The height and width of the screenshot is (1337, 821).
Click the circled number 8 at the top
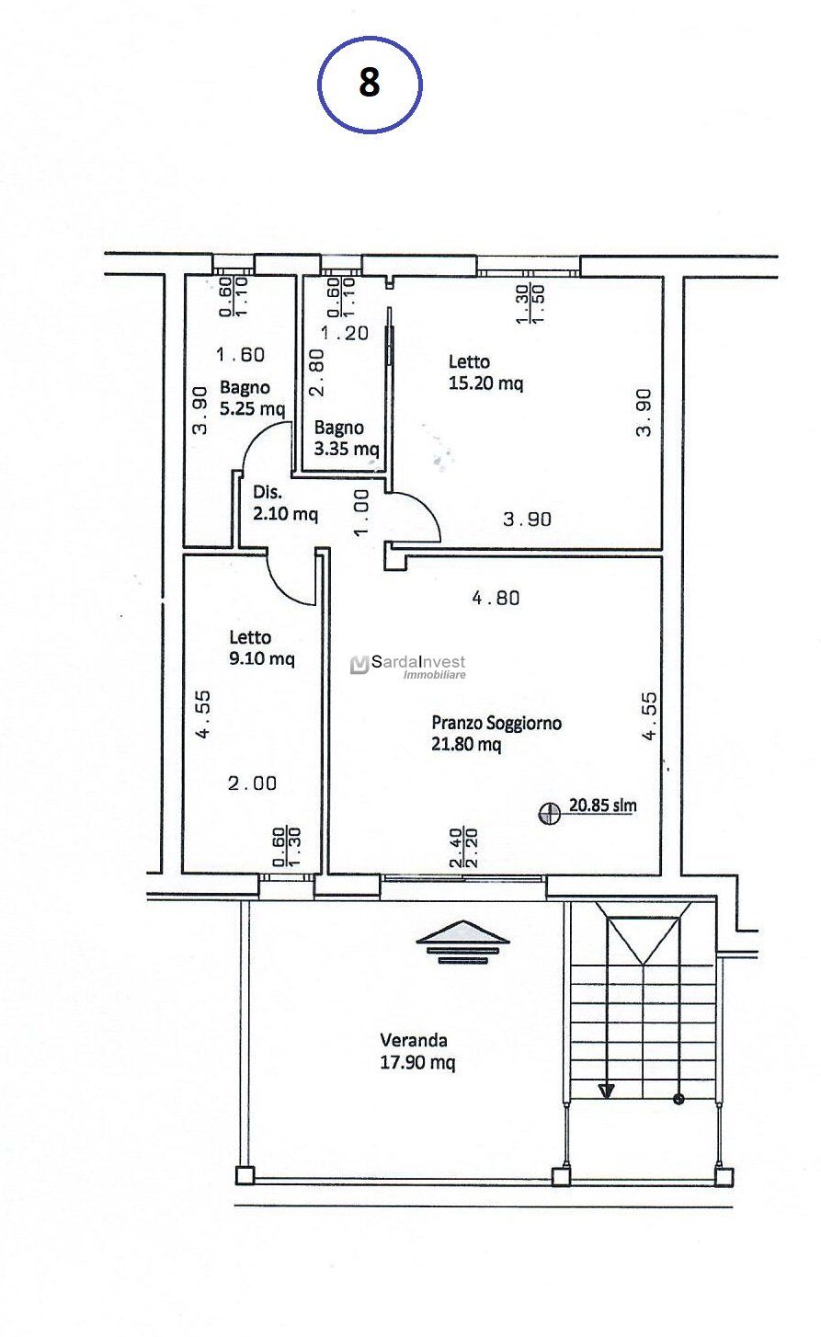370,85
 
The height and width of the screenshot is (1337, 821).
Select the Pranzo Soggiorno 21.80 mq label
496,733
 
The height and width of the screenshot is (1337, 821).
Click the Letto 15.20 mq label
485,371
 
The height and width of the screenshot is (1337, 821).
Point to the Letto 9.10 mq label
262,647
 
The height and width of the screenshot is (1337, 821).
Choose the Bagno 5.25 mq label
253,397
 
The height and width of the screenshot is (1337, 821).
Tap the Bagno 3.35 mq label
347,438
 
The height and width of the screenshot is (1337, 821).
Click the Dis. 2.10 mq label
285,503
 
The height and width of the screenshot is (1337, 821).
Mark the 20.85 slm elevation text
602,806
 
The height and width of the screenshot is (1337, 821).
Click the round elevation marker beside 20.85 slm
550,813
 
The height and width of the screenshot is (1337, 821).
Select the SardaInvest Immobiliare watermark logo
408,667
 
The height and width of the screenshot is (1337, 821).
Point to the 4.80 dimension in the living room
496,598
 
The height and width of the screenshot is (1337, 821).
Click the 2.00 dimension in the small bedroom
253,783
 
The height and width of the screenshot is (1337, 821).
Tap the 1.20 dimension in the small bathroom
345,333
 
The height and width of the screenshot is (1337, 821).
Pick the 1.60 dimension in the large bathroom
241,355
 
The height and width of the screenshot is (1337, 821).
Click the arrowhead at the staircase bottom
606,1091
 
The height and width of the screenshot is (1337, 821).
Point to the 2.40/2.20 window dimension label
463,848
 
